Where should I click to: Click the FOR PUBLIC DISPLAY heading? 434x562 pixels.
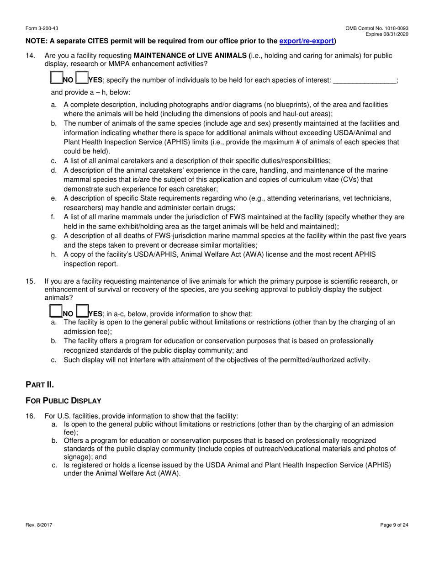point(63,401)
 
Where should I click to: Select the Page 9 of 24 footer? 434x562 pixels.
point(394,525)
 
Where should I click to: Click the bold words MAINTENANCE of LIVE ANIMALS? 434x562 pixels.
point(190,56)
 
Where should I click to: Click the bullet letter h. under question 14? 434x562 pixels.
point(54,254)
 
